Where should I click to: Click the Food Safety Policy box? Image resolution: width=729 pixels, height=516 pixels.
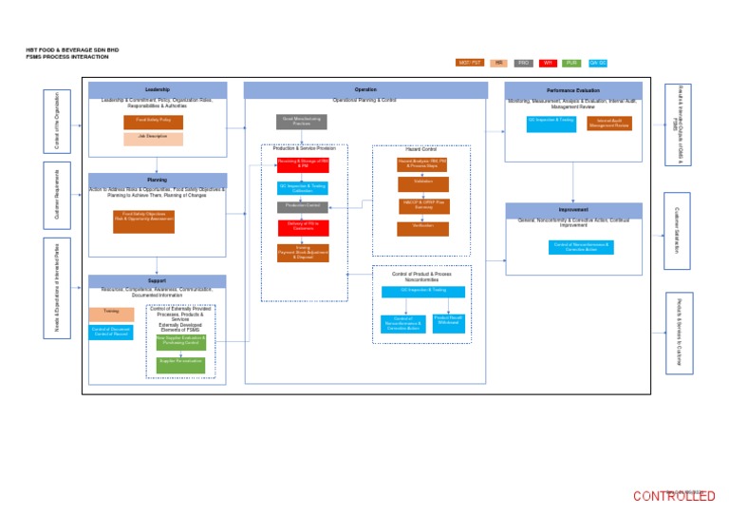tap(153, 121)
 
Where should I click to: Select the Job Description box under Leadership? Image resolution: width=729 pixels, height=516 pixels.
tap(153, 137)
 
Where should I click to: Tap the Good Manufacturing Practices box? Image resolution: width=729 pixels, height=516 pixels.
tap(302, 122)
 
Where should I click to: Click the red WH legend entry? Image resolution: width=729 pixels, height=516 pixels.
tap(548, 63)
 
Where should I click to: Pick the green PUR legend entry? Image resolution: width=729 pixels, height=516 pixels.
tap(572, 63)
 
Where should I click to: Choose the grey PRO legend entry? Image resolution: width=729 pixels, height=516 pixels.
tap(523, 63)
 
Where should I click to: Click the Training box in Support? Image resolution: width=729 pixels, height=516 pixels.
tap(111, 313)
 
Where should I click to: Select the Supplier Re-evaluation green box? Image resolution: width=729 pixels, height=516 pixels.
tap(180, 363)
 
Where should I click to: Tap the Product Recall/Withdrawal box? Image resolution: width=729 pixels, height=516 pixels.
tap(448, 321)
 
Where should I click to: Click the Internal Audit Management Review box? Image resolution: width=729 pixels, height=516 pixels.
tap(608, 123)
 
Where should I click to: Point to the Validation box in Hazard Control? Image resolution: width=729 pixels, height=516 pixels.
tap(422, 182)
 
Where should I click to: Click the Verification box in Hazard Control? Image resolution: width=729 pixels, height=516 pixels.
tap(422, 228)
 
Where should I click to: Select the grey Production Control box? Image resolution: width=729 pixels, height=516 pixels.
tap(303, 206)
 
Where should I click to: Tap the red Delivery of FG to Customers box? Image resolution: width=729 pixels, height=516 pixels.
tap(303, 227)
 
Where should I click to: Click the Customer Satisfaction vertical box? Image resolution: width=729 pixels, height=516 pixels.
tap(678, 230)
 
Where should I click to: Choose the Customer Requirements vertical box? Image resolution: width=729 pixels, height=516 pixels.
tap(57, 195)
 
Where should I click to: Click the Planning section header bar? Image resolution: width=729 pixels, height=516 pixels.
tap(157, 179)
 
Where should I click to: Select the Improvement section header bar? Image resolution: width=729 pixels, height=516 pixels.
tap(573, 209)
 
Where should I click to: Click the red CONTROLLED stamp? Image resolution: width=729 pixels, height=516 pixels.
tap(674, 496)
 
